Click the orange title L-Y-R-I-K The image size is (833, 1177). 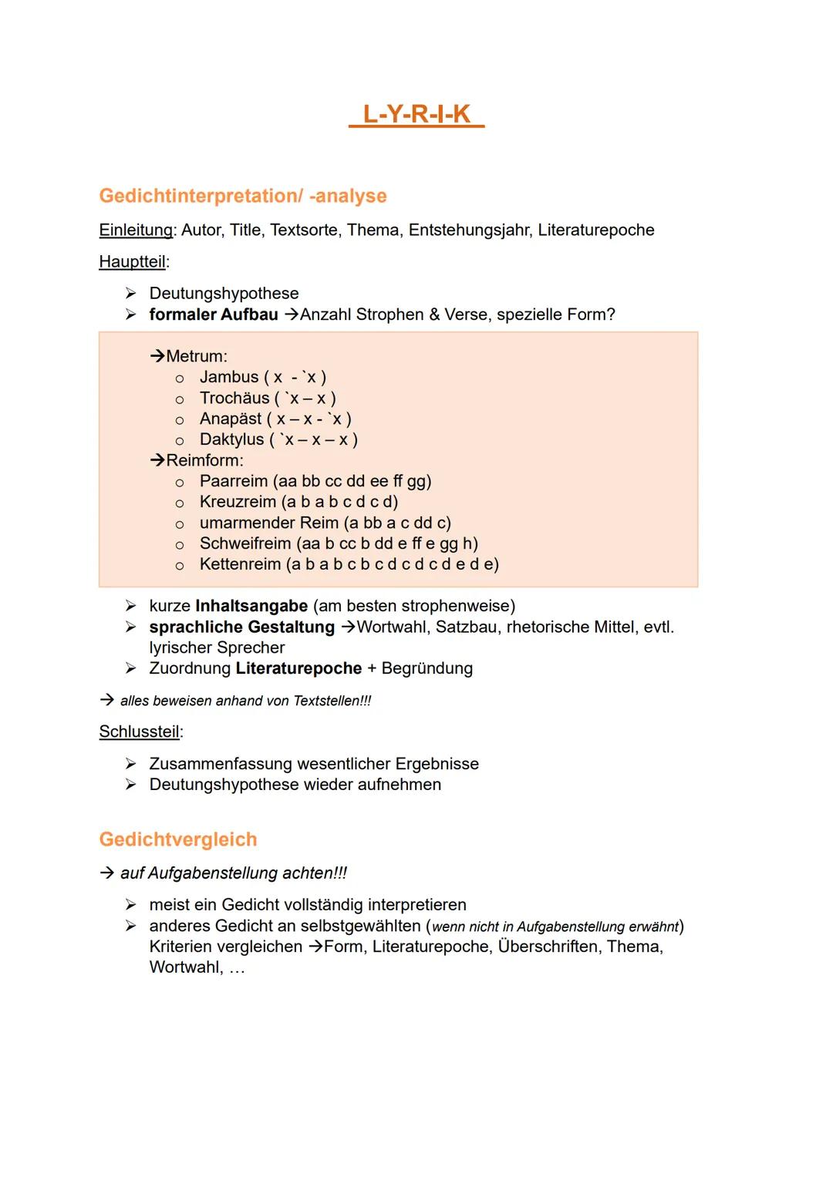pos(416,114)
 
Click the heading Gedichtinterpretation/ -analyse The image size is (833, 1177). pos(243,196)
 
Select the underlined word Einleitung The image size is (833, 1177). pos(136,230)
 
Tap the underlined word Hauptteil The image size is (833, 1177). pos(133,262)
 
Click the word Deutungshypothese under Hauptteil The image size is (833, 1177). pos(224,294)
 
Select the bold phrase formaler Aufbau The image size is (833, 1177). pos(214,314)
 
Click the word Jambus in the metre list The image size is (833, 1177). pos(229,377)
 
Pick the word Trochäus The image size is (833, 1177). pos(234,398)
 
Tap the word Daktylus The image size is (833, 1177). pos(231,439)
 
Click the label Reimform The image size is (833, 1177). pos(204,460)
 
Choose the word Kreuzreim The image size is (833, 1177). pos(238,502)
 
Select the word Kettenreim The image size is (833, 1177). pos(240,564)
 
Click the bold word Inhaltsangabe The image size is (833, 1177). pos(251,606)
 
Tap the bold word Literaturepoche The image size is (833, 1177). pos(298,668)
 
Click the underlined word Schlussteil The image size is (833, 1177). pos(140,731)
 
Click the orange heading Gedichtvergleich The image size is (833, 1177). pos(178,839)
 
